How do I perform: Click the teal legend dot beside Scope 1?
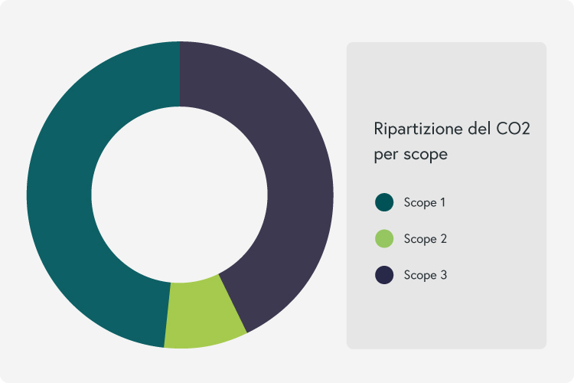point(384,202)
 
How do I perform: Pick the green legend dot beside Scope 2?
point(384,238)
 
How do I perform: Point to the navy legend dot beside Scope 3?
point(384,275)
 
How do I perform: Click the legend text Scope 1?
point(425,203)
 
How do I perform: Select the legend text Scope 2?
point(426,239)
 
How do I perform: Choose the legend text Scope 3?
point(426,275)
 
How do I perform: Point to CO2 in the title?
point(513,129)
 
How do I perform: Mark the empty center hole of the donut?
point(179,195)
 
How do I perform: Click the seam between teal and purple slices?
point(180,74)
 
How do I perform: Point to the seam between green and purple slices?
point(233,303)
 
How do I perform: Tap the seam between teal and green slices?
point(168,315)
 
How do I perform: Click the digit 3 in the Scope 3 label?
point(444,275)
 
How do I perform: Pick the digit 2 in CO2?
point(525,129)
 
